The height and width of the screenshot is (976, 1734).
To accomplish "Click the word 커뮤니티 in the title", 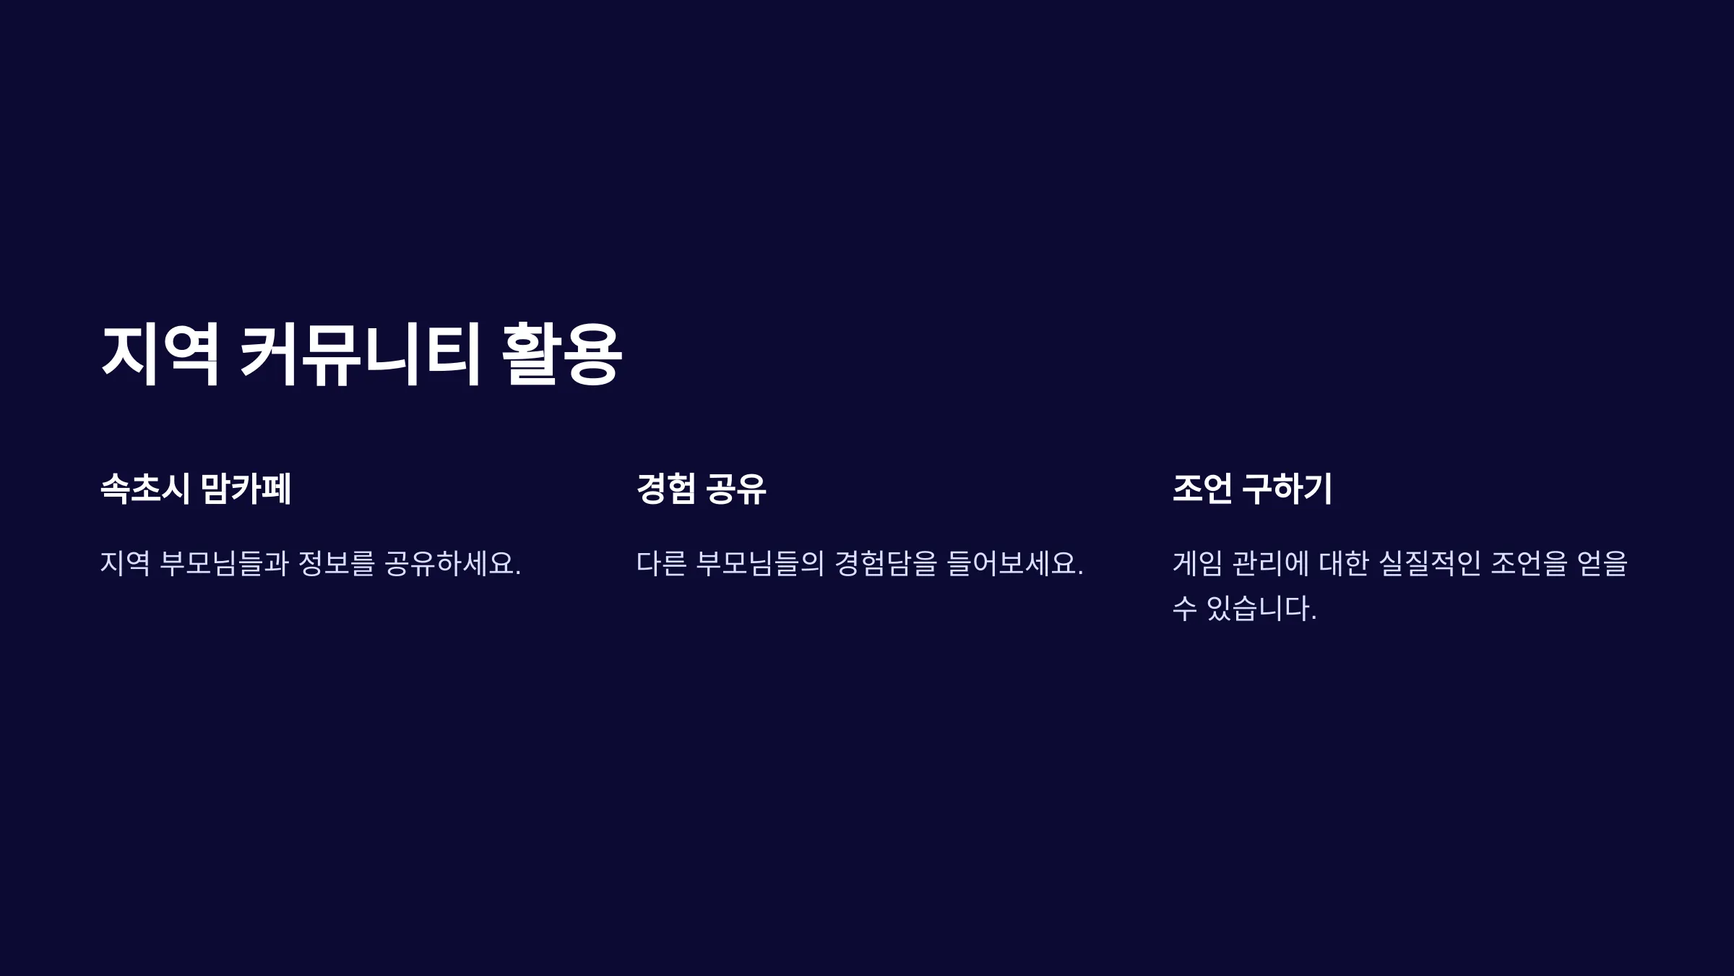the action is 360,354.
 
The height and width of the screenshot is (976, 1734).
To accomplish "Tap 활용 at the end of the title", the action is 561,354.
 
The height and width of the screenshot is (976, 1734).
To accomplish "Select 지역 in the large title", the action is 160,354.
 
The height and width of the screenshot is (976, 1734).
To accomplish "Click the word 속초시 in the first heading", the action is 145,489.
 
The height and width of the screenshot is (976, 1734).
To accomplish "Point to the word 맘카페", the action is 246,489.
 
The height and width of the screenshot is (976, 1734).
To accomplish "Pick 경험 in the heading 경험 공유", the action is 666,489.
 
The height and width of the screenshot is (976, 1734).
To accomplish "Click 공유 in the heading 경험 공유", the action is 736,489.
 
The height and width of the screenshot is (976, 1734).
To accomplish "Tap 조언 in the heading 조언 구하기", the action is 1202,489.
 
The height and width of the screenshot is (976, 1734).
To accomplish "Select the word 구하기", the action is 1287,489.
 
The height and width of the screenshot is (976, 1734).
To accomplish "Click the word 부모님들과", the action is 225,564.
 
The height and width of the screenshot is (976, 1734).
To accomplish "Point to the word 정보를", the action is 337,564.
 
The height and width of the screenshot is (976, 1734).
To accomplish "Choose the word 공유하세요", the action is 452,564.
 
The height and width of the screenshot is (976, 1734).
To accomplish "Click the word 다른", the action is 662,564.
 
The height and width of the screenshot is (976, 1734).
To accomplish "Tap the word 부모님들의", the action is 760,564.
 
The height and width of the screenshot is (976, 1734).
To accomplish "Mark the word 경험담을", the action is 886,564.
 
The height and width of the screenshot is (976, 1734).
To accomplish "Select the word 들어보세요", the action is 1015,564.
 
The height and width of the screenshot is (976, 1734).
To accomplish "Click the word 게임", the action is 1198,564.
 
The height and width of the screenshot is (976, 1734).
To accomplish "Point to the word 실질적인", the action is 1430,564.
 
